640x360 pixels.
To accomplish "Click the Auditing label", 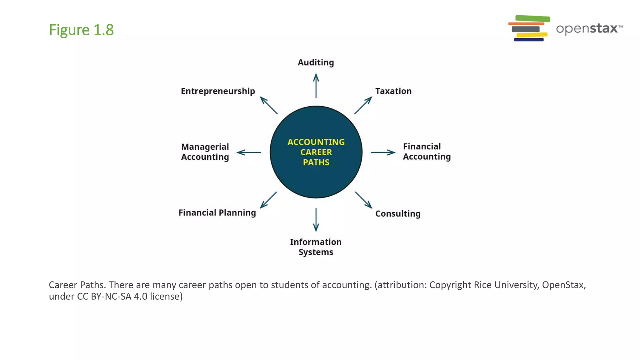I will (x=316, y=62).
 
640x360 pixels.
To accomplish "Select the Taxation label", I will (x=393, y=91).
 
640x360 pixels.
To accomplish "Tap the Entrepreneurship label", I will (x=218, y=91).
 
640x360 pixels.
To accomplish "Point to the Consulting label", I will (x=398, y=214).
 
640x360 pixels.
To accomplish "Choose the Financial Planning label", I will (x=217, y=213).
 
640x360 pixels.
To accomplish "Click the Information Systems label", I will (x=316, y=247).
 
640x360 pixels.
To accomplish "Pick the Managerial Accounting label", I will (x=205, y=152).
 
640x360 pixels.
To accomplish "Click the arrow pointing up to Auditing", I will (x=316, y=86).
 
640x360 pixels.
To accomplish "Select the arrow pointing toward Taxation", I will (x=363, y=105).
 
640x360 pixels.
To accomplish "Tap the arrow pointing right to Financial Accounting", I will (x=383, y=152).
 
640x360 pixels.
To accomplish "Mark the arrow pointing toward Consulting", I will (x=363, y=200).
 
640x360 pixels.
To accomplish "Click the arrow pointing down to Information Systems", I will (x=316, y=220).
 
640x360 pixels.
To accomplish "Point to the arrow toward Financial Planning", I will (x=268, y=200).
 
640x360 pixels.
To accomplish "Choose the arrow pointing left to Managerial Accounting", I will (x=249, y=152).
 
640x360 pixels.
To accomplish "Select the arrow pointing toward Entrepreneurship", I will (x=269, y=105).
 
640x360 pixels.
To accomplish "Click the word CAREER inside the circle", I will (x=316, y=152).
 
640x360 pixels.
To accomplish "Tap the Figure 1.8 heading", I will (x=81, y=30).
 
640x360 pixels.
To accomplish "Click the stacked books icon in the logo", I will (x=529, y=28).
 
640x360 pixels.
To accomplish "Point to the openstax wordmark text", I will (x=587, y=29).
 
